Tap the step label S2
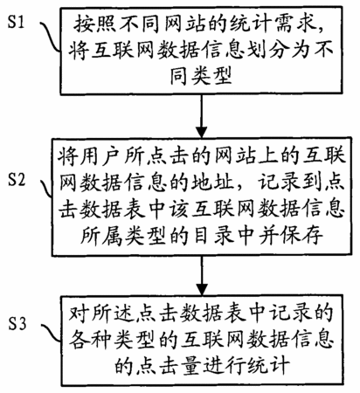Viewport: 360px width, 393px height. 17,180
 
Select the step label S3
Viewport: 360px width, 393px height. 17,323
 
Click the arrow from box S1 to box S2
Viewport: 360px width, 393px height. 201,116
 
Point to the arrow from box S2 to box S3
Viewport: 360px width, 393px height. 201,276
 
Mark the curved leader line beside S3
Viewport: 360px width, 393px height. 52,335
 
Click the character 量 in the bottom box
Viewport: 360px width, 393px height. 190,365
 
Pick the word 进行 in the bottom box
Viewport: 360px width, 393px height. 224,365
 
